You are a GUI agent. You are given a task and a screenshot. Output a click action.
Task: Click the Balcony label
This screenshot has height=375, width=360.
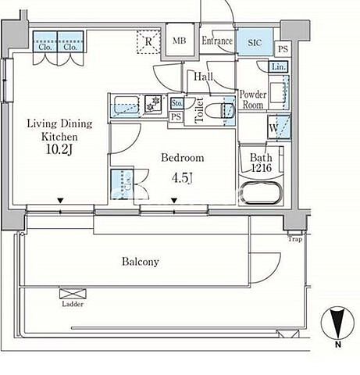(x=141, y=262)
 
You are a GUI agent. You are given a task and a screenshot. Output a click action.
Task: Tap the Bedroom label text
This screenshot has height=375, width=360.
(x=183, y=158)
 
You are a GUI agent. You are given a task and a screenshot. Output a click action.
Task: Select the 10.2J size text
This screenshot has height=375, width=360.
(x=59, y=149)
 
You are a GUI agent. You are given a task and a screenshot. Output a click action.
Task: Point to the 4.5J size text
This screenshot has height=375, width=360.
(x=182, y=178)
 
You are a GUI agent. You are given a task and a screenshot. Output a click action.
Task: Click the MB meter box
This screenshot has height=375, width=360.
(x=180, y=40)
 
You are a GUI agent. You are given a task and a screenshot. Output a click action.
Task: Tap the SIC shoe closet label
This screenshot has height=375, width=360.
(x=255, y=42)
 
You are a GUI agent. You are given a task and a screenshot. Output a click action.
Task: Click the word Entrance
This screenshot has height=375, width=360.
(x=217, y=41)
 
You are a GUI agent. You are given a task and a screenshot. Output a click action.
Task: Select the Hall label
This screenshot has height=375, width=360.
(x=204, y=77)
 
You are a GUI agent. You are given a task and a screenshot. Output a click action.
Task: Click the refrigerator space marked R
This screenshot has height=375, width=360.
(x=148, y=41)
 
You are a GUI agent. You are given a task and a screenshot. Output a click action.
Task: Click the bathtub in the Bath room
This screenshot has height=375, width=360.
(x=261, y=192)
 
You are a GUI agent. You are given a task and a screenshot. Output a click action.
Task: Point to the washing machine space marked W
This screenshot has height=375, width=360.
(x=279, y=127)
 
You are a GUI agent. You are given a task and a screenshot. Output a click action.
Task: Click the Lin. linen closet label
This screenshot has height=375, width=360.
(x=278, y=66)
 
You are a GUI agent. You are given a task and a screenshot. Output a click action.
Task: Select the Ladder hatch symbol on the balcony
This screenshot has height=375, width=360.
(x=73, y=294)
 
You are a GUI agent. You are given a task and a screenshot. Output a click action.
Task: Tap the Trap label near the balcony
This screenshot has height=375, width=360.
(x=295, y=239)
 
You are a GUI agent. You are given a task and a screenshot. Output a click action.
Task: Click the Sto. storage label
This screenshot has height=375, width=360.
(x=177, y=103)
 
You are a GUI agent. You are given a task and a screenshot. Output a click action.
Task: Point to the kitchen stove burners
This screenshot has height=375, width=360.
(x=153, y=104)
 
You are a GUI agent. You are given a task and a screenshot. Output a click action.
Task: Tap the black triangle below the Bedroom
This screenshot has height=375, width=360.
(x=174, y=200)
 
